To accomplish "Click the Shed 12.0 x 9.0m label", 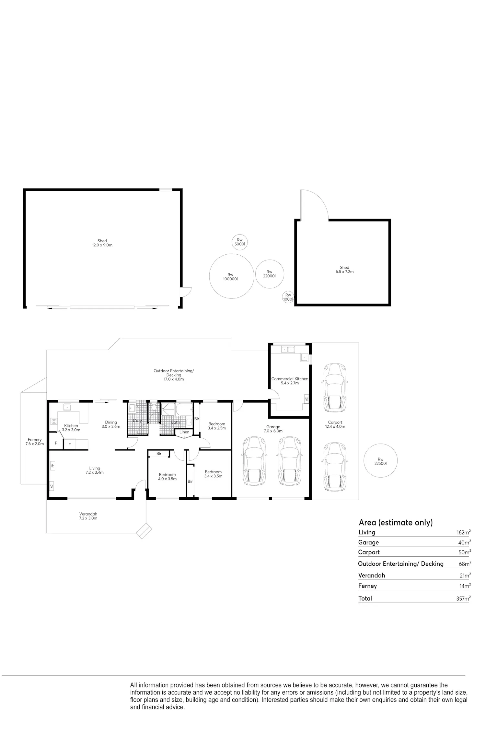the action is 102,243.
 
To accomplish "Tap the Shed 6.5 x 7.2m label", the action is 344,270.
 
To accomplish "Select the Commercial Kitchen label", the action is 290,379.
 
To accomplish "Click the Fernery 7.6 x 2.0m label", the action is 35,442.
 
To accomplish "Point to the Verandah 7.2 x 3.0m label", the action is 88,516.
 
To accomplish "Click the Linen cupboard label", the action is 184,432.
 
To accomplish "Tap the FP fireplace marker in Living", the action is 52,466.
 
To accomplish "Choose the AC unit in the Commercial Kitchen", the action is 306,399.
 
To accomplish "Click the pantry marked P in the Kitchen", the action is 56,443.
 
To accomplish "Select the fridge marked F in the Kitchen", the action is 69,445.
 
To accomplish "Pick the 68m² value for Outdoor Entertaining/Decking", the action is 465,564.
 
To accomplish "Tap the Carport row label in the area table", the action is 369,552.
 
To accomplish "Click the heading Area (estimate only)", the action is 396,522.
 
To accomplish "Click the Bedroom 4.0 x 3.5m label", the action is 167,477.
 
